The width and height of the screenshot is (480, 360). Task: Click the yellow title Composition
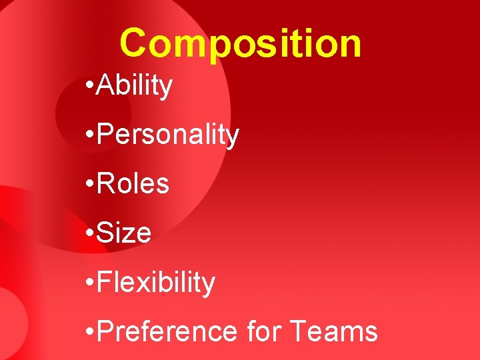click(x=241, y=43)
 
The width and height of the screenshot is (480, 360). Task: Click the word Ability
click(x=135, y=86)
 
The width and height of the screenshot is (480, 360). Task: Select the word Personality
click(x=168, y=135)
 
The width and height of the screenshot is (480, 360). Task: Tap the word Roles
click(x=133, y=183)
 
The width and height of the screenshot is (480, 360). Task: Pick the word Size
click(x=124, y=233)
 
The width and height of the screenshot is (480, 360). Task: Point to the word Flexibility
click(x=156, y=282)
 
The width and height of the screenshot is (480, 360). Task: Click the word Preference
click(x=167, y=331)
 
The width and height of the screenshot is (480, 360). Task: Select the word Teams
click(x=335, y=331)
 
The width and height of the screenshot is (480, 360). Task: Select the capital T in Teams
click(x=299, y=331)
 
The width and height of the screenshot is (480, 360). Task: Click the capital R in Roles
click(x=105, y=183)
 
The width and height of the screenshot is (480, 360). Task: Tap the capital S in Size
click(x=105, y=233)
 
